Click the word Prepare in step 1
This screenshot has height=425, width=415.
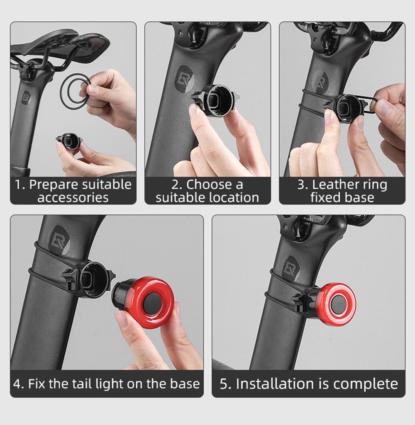pos(54,185)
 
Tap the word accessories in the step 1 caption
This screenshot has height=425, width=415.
pos(73,197)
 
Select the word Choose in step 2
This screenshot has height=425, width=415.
pos(209,185)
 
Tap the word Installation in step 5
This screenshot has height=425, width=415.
pos(275,384)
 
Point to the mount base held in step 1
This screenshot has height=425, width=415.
pos(68,141)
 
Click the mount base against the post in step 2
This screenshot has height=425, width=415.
pos(216,100)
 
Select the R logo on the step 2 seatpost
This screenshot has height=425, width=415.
pos(184,79)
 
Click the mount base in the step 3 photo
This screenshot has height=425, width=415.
pos(348,108)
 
